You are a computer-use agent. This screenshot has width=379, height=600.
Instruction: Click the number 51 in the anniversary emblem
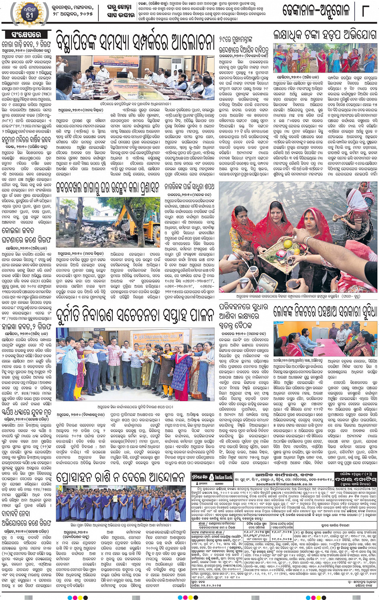[x=30, y=15]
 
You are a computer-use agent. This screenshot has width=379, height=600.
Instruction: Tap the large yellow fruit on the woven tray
[x=288, y=243]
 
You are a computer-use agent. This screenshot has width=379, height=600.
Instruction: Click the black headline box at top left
[x=26, y=35]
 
